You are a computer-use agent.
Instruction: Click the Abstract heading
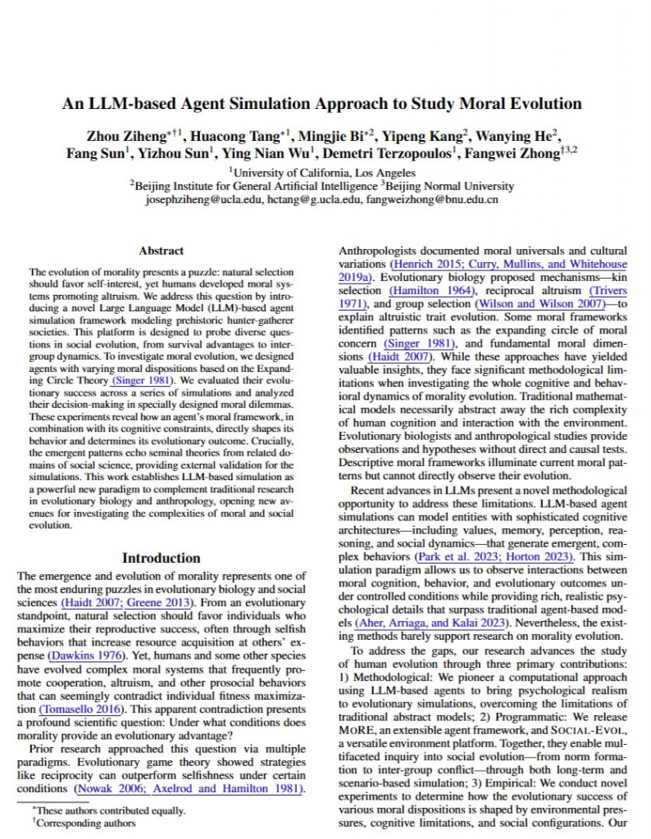pos(162,251)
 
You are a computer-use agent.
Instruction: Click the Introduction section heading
pos(162,558)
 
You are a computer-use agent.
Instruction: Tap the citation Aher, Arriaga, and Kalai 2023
pos(430,622)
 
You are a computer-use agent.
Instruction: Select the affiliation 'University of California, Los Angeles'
pos(325,173)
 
